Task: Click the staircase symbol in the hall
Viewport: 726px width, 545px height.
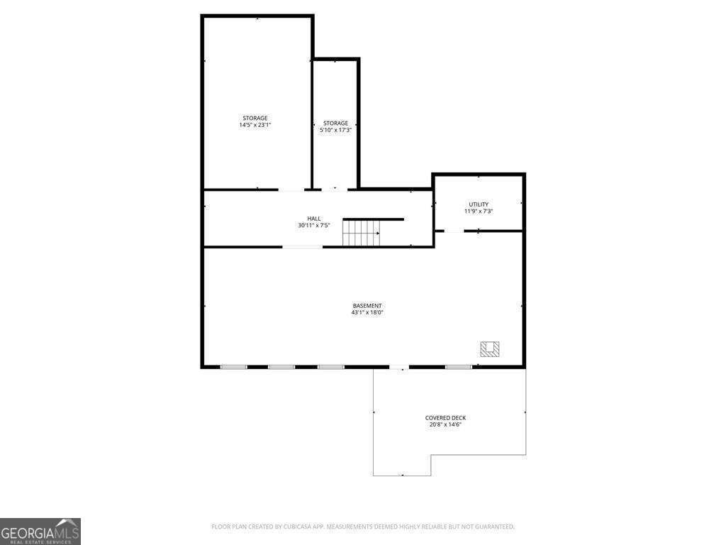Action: tap(362, 233)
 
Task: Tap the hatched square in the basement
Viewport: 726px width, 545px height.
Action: tap(489, 348)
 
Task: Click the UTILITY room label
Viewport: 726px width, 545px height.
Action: tap(479, 204)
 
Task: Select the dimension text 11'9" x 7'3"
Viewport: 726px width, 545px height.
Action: tap(479, 211)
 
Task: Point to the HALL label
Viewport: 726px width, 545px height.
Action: tap(314, 219)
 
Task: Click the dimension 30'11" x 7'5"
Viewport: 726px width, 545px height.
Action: tap(314, 226)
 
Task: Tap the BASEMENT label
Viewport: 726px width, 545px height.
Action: tap(367, 305)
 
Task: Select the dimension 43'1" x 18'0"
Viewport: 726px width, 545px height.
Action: tap(367, 312)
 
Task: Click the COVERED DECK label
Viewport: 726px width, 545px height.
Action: tap(445, 418)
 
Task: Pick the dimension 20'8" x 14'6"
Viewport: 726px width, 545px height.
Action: tap(445, 425)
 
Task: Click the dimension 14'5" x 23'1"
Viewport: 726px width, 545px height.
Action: tap(255, 125)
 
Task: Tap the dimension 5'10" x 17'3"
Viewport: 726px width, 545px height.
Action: tap(336, 131)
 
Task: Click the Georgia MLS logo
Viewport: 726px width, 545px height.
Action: tap(40, 532)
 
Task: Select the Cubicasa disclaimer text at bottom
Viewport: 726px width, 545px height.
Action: tap(363, 527)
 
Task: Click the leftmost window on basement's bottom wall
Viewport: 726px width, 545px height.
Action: tap(233, 367)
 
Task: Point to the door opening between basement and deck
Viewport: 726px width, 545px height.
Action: tap(399, 367)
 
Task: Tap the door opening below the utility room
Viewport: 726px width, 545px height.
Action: tap(454, 231)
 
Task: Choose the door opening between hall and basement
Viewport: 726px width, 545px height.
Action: tap(303, 247)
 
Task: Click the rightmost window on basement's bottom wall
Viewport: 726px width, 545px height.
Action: tap(459, 367)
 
